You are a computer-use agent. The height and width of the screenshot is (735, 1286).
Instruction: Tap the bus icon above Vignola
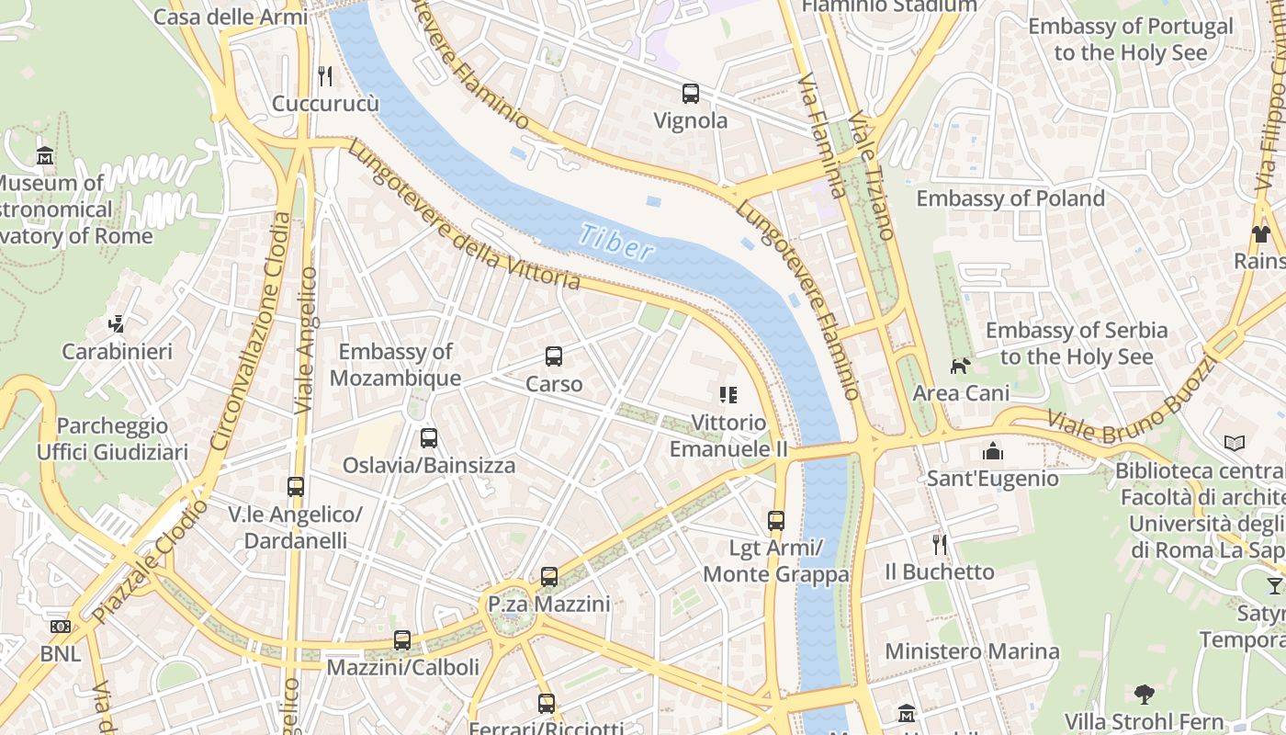(690, 93)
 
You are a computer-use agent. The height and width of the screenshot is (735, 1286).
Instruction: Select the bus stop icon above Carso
(553, 356)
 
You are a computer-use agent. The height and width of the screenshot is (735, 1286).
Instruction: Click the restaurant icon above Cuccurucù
(324, 75)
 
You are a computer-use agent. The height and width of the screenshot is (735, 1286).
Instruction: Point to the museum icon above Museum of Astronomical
(44, 155)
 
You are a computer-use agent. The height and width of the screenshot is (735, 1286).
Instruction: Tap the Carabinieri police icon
(116, 323)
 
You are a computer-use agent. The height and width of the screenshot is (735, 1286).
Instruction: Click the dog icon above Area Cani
(960, 366)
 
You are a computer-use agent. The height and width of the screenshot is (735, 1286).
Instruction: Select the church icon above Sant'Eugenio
(992, 451)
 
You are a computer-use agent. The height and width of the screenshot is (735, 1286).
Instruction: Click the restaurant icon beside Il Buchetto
(939, 544)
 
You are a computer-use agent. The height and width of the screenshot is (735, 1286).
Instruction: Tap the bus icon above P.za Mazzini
(548, 577)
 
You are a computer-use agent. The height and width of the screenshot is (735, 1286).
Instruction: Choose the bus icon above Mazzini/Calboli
(402, 639)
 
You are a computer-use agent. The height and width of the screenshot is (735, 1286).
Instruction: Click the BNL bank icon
(61, 627)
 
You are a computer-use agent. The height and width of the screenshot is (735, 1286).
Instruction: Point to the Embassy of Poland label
(1010, 198)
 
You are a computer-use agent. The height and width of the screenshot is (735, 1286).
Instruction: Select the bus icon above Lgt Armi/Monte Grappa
(776, 521)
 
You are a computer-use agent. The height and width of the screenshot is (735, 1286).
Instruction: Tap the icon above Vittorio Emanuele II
(728, 395)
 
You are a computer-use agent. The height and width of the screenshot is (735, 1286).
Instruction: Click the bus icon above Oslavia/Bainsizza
(428, 438)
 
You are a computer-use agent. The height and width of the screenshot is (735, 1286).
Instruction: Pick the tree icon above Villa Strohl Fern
(1144, 694)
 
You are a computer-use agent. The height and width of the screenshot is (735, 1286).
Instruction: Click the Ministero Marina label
(972, 651)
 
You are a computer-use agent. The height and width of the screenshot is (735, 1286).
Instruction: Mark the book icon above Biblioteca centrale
(1235, 444)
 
